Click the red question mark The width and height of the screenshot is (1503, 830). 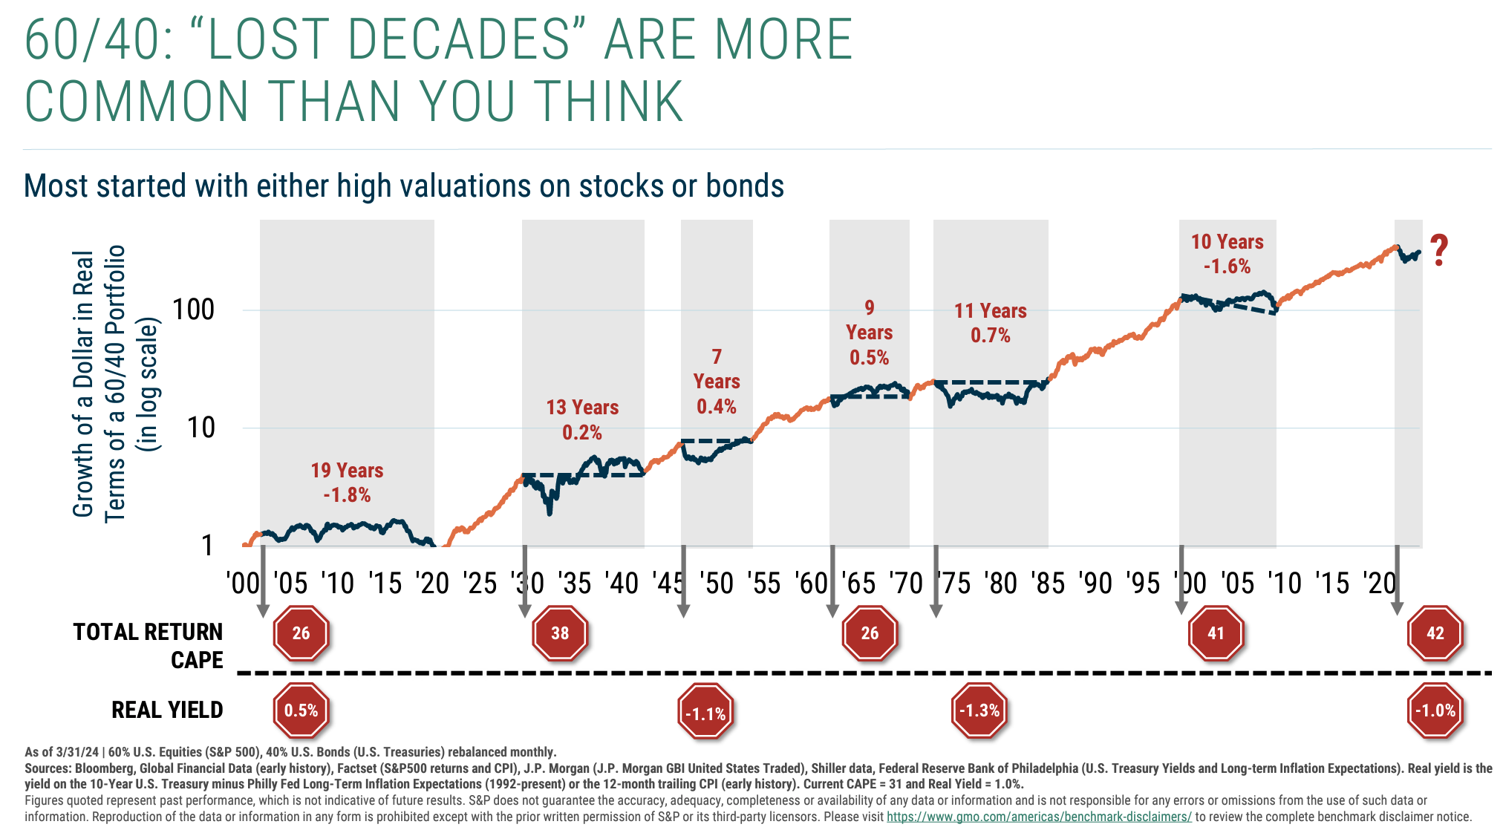[1439, 251]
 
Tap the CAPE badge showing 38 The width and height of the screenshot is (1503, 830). [560, 633]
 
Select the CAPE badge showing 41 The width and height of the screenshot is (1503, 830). [1216, 633]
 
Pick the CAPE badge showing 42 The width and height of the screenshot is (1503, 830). [1435, 633]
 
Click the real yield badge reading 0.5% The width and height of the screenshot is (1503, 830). [301, 710]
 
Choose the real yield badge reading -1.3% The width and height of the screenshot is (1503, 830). [979, 710]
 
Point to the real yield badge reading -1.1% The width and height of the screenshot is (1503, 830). [705, 713]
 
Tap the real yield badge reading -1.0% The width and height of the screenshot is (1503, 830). [1435, 710]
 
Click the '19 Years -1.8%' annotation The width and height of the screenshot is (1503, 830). [347, 483]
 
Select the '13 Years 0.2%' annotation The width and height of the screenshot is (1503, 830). [582, 419]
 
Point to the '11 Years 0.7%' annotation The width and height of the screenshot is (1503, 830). [991, 323]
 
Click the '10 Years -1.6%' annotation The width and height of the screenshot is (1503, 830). [1227, 254]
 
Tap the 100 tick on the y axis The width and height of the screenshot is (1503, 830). [193, 310]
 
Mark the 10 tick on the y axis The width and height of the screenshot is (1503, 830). [200, 428]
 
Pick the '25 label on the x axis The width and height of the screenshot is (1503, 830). [480, 584]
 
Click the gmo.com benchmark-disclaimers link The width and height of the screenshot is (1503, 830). [1039, 817]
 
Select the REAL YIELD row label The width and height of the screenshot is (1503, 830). [167, 710]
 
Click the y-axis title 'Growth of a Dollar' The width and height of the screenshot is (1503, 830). [83, 384]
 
